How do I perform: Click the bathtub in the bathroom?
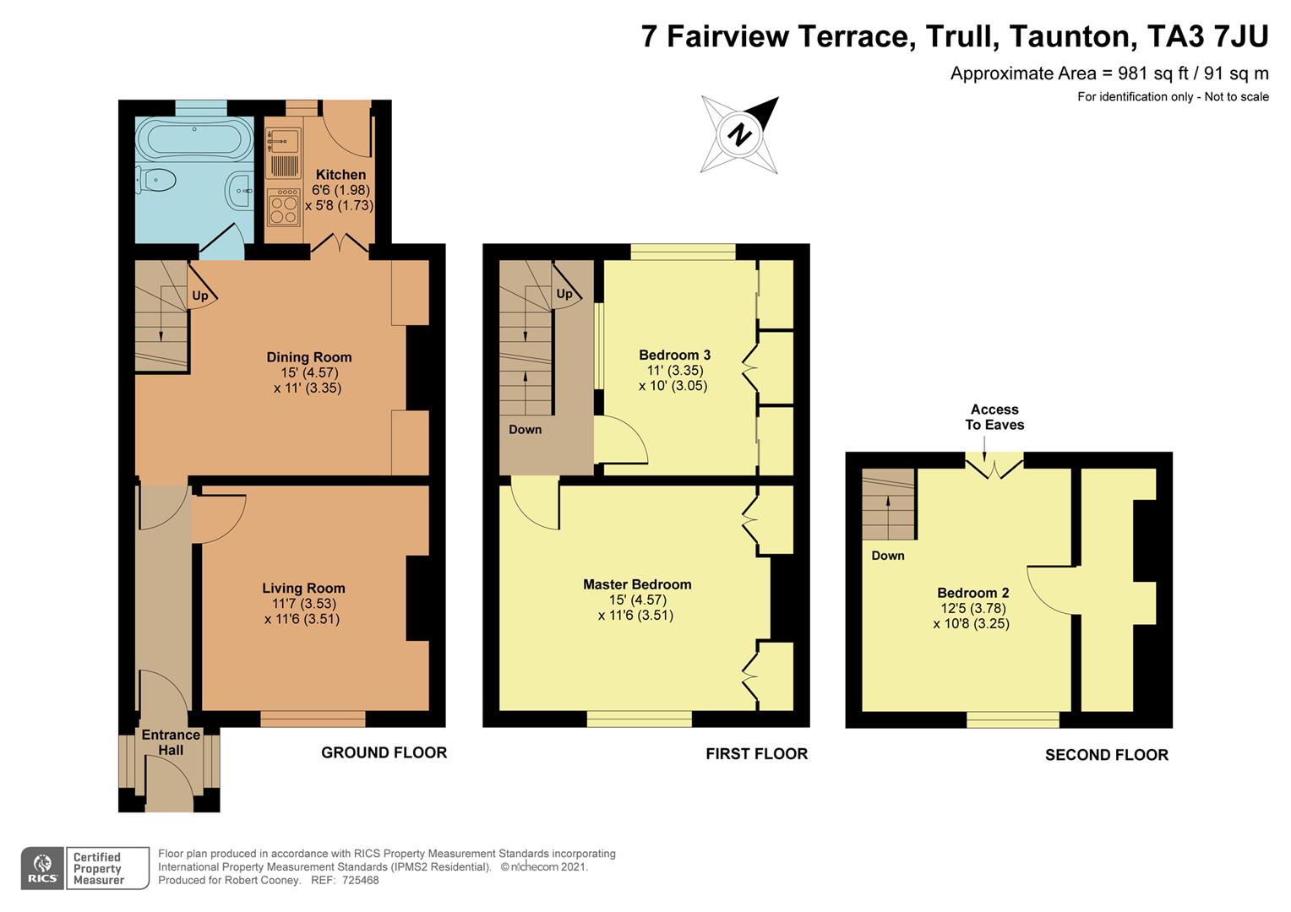194,138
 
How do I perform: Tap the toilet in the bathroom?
155,180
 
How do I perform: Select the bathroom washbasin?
240,191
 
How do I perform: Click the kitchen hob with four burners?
284,208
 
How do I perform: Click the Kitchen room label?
340,175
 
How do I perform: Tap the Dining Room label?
308,357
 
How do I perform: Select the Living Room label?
303,589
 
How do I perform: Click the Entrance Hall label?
171,742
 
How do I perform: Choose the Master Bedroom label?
637,584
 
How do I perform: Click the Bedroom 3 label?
674,355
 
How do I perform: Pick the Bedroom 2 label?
972,593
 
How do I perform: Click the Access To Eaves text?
994,417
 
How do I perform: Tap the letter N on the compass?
740,134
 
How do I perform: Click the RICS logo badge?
42,868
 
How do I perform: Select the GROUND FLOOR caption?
384,752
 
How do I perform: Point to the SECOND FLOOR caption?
1106,755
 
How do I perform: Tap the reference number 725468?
360,880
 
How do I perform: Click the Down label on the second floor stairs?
887,556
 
